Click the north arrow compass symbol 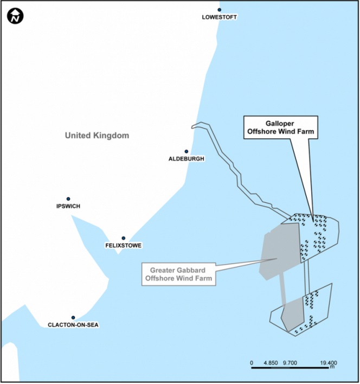15,16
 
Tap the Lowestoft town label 219,17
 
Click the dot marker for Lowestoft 220,10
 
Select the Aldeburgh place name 187,159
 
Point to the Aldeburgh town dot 187,151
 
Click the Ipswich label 68,206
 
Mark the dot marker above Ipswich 68,199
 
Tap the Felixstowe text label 124,245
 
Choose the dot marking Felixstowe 124,238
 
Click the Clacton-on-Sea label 73,325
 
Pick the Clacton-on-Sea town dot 73,318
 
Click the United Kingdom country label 97,136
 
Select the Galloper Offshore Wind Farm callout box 281,127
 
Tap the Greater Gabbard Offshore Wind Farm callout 179,274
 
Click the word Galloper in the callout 280,124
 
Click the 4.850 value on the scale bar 271,363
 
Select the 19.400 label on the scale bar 329,363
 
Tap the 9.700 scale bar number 290,363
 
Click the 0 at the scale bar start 252,363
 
